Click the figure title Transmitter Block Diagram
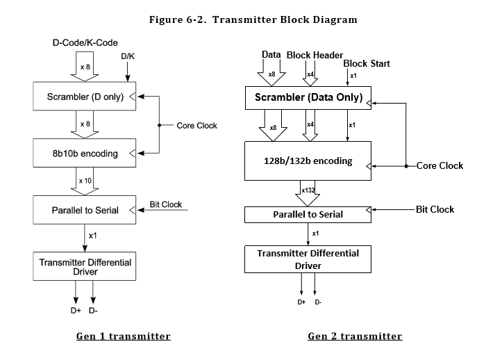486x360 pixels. pos(253,19)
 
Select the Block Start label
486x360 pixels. pos(367,63)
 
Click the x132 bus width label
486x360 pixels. pos(308,190)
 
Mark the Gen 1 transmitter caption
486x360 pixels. pos(124,336)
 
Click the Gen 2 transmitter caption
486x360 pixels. pos(355,336)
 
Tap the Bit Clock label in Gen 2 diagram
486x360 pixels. pos(435,209)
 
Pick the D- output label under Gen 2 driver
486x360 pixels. pos(318,302)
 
